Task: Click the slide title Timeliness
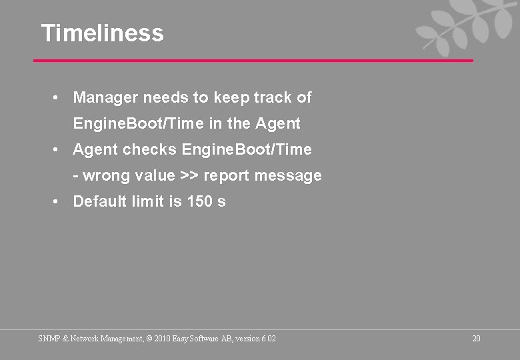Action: click(x=102, y=33)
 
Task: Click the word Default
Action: click(x=97, y=201)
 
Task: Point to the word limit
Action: click(x=147, y=201)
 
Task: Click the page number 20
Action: click(x=476, y=339)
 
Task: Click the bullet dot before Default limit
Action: click(x=58, y=201)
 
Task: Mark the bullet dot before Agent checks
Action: click(x=58, y=150)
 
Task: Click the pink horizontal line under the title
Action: click(x=253, y=61)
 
